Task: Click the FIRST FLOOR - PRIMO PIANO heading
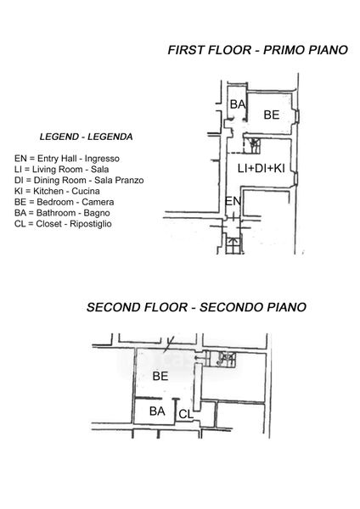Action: [x=257, y=50]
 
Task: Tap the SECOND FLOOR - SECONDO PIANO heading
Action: [x=196, y=307]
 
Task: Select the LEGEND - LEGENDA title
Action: [x=86, y=137]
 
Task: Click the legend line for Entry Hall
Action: [x=67, y=159]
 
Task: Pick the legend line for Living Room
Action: [x=61, y=169]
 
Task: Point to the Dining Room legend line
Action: [x=79, y=180]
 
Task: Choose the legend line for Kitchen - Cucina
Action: [x=57, y=191]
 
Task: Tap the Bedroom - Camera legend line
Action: [x=64, y=202]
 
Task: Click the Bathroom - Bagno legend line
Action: [x=62, y=213]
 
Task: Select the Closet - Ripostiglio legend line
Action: [x=63, y=224]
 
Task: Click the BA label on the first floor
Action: [x=238, y=104]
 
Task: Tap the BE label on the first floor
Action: [x=272, y=115]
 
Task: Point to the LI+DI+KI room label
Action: [x=262, y=168]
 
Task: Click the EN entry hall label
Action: [x=233, y=202]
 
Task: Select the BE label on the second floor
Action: [x=160, y=376]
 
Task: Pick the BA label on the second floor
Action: [x=157, y=411]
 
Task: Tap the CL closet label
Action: [x=186, y=414]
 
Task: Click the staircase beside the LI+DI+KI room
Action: [x=252, y=145]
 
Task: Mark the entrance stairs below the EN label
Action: [x=233, y=246]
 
